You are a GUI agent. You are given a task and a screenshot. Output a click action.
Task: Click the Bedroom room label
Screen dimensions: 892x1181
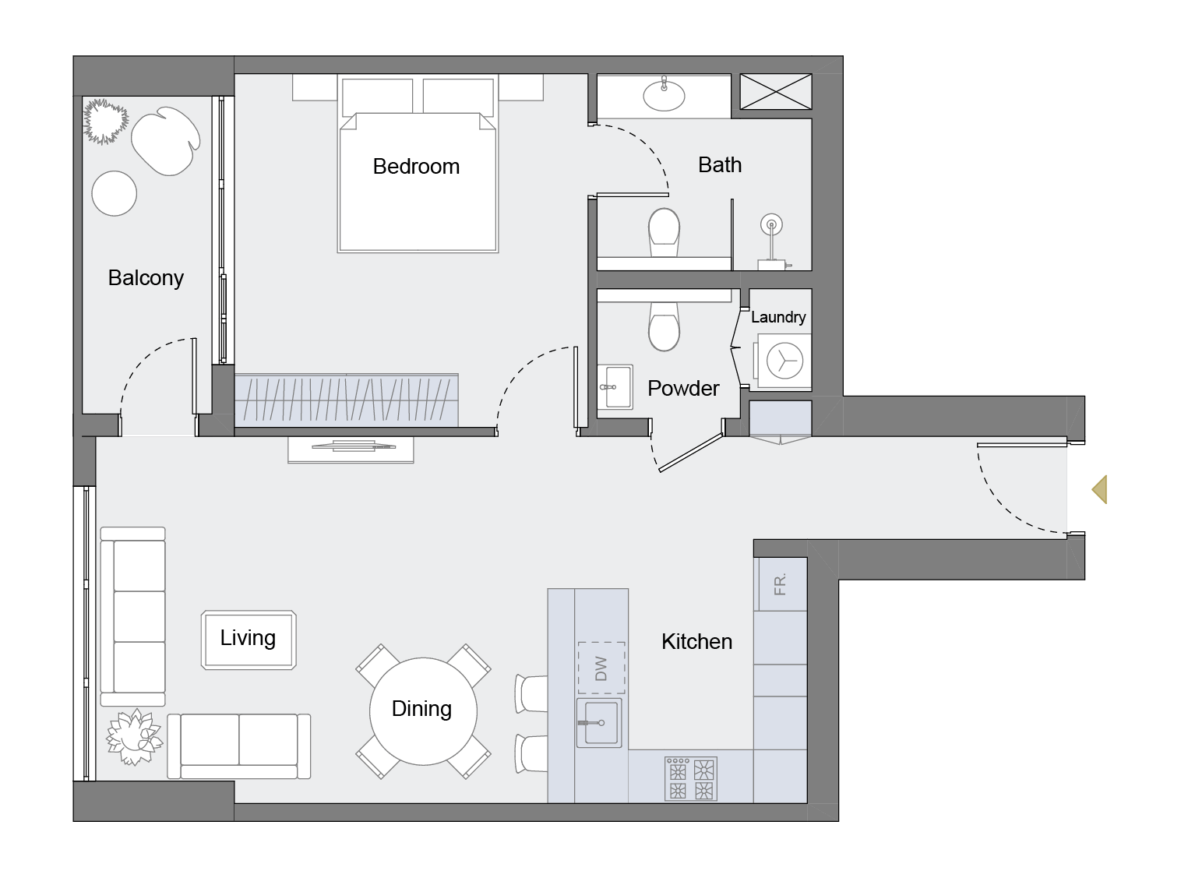click(416, 166)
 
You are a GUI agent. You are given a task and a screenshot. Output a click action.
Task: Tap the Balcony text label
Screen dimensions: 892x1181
click(146, 278)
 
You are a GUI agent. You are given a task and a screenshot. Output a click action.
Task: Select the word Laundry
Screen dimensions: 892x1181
click(778, 317)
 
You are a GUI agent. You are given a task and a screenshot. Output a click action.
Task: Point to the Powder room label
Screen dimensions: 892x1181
click(683, 388)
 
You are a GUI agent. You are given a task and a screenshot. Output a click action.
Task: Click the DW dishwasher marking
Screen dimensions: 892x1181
click(601, 668)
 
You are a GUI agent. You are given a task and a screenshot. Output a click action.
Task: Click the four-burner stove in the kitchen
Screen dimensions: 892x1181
click(691, 778)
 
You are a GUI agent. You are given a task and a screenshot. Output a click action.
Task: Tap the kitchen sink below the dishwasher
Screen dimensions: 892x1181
click(599, 723)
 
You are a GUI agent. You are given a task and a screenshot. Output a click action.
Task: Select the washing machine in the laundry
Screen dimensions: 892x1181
click(784, 361)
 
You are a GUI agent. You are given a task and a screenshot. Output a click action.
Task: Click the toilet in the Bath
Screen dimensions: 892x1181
click(664, 231)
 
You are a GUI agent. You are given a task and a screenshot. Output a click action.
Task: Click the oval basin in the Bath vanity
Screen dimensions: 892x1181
click(664, 95)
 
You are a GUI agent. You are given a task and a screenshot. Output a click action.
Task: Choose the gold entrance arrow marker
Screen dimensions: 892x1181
click(1099, 489)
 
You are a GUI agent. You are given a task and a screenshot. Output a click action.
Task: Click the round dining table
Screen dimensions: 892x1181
click(422, 710)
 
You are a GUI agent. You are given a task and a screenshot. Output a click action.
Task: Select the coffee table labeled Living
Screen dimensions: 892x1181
click(249, 640)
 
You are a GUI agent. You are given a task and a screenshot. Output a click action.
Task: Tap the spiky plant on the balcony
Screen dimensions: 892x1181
click(106, 121)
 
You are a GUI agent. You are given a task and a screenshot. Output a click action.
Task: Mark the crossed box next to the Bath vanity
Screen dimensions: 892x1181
click(775, 91)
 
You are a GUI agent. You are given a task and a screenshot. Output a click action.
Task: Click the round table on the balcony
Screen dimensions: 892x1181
click(115, 192)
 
